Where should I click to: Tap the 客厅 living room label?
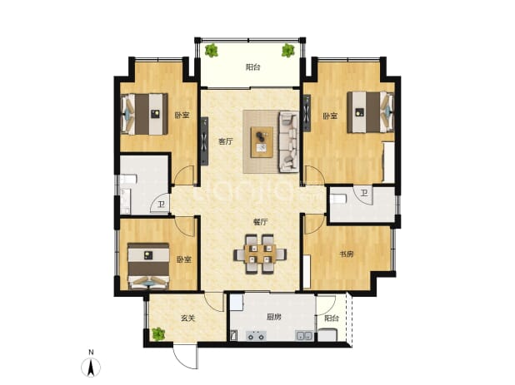coord(226,141)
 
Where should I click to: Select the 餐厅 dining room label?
coord(260,222)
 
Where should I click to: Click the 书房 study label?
coord(347,254)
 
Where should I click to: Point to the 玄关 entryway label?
coord(187,318)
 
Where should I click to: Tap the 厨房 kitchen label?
coord(273,317)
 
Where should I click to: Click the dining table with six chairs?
coord(260,254)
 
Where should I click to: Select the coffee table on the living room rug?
coord(262,142)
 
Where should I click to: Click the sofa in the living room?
coord(288,141)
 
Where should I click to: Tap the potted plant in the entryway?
coord(158,334)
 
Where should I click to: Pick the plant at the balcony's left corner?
coord(211,51)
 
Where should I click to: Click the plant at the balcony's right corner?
coord(287,50)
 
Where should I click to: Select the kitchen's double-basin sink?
coord(304,335)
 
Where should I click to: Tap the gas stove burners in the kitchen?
coord(257,336)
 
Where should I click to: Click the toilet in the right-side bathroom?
coord(338,199)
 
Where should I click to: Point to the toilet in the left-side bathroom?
coord(128,180)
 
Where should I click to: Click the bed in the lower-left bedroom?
coord(148,266)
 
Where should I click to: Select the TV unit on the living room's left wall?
coord(204,141)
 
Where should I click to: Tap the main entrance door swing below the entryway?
coord(186,356)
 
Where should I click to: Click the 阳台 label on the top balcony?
coord(252,67)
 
